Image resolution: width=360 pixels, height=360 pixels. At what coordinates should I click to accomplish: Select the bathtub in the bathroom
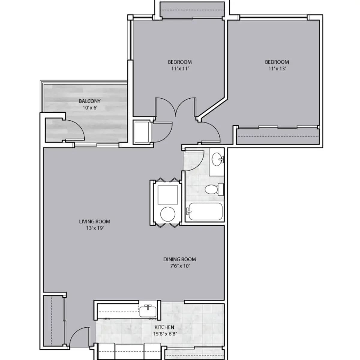click(x=204, y=211)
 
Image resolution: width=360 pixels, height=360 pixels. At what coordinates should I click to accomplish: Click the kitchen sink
click(x=148, y=310)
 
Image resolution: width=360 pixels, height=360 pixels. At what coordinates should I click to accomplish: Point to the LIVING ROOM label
click(x=94, y=222)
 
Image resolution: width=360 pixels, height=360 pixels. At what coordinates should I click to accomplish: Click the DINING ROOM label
click(x=179, y=259)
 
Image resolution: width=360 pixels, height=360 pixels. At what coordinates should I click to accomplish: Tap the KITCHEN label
click(x=164, y=327)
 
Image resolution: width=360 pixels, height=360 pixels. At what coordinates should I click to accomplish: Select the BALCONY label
click(x=90, y=101)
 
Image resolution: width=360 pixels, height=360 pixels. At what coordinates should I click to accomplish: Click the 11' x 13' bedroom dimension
click(x=277, y=68)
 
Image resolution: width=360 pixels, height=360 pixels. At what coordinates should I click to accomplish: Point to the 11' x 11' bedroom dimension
click(x=179, y=68)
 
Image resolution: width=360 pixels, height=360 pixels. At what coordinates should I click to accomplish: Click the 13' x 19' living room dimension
click(x=94, y=228)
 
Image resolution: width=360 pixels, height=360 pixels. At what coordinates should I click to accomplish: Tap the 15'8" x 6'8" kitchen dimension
click(x=164, y=334)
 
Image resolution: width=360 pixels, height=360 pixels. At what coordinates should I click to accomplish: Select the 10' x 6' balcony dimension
click(x=90, y=107)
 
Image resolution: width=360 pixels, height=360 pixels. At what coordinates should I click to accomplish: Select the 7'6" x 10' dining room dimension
click(x=179, y=266)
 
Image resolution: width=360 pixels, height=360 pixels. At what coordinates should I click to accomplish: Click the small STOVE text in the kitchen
click(x=152, y=319)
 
